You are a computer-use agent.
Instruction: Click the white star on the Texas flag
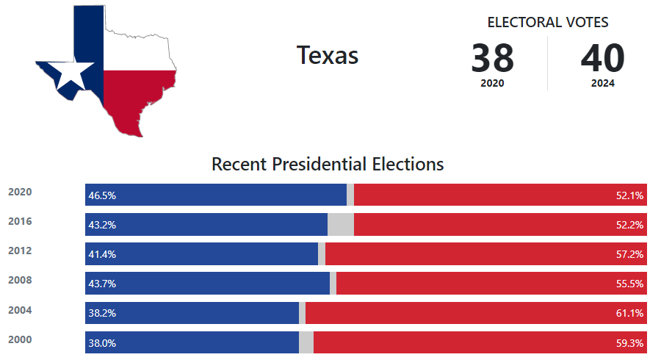coord(75,74)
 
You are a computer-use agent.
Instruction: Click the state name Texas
coord(328,55)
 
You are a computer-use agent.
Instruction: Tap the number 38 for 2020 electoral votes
coord(492,58)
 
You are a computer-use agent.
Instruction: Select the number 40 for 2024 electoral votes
coord(602,58)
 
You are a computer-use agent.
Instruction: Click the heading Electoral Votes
coord(548,22)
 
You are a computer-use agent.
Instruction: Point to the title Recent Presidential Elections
coord(328,163)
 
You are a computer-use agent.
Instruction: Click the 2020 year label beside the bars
coord(20,192)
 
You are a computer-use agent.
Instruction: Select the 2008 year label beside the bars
coord(20,281)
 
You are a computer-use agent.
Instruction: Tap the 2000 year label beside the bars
coord(20,339)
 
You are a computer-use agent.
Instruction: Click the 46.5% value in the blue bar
coord(102,195)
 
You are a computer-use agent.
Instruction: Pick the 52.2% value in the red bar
coord(629,225)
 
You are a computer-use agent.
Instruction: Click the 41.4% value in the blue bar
coord(102,254)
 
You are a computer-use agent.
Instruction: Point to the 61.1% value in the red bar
coord(629,313)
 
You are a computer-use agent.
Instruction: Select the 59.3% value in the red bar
coord(629,342)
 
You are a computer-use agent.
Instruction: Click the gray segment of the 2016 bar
coord(341,224)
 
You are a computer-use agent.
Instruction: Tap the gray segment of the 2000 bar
coord(306,342)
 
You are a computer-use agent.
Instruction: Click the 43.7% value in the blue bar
coord(102,284)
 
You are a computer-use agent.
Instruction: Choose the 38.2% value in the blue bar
coord(102,313)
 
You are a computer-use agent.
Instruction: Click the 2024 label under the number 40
coord(602,84)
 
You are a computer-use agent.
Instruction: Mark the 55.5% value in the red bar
coord(629,284)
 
